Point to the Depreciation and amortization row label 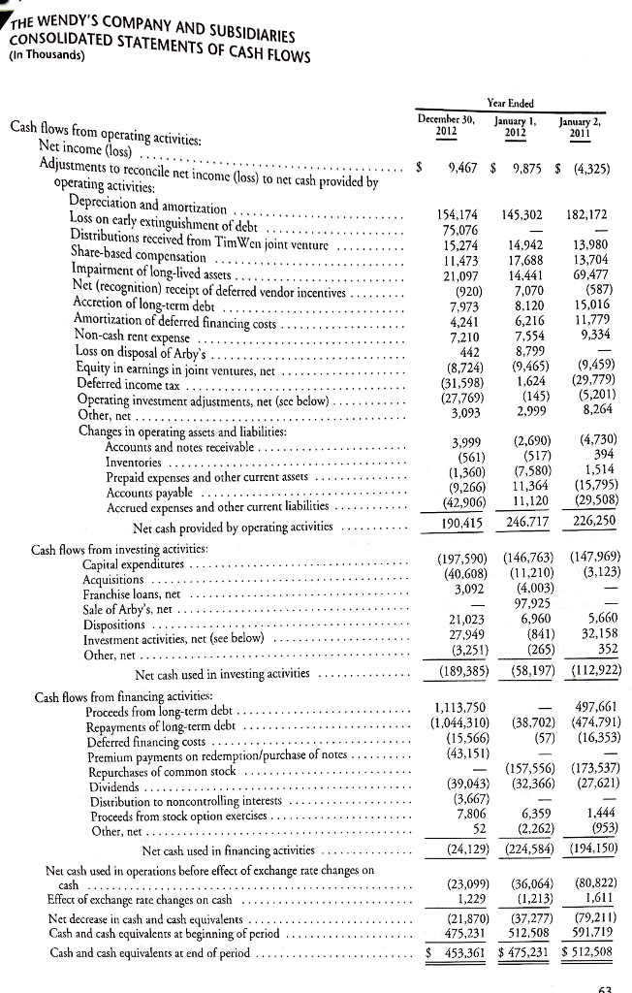point(148,207)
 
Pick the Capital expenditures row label point(121,564)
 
